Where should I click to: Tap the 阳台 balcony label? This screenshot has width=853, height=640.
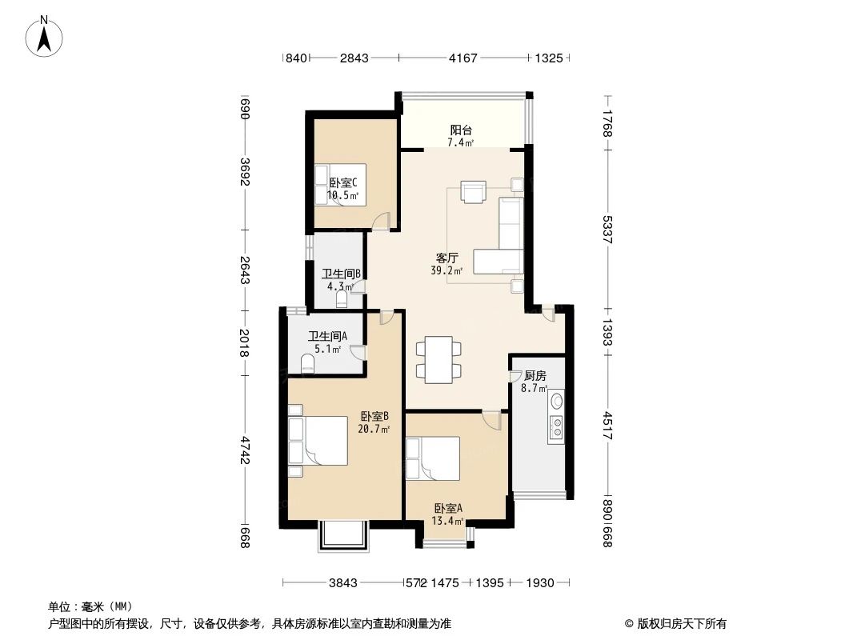click(459, 130)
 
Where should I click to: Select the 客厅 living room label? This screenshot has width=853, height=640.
click(447, 258)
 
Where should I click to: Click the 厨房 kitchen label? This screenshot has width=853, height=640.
click(535, 375)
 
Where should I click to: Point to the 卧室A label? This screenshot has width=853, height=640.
click(449, 508)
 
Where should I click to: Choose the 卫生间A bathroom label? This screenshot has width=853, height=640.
click(327, 336)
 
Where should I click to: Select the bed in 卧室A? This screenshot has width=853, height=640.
click(433, 458)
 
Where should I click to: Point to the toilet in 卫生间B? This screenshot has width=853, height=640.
click(342, 300)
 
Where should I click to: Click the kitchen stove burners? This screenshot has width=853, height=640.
click(555, 428)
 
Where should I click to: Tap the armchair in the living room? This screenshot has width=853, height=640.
click(474, 192)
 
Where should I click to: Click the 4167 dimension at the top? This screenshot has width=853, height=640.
click(463, 58)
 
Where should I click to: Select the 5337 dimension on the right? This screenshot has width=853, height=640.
click(607, 230)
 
